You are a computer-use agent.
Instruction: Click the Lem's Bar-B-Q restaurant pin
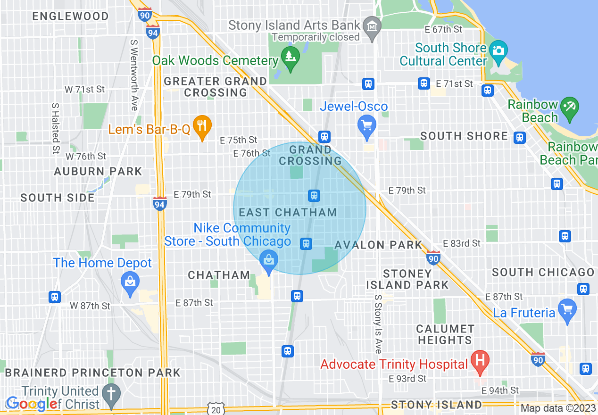[x=202, y=126]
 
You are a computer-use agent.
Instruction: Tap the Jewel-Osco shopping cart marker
[x=367, y=126]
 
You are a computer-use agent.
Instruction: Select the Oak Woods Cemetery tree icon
[x=290, y=57]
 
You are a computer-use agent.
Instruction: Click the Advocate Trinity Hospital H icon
[x=480, y=362]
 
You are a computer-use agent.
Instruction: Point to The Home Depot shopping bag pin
[x=130, y=282]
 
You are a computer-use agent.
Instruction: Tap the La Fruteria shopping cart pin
[x=567, y=309]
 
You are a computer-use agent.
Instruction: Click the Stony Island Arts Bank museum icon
[x=373, y=25]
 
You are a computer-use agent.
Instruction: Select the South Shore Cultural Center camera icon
[x=498, y=50]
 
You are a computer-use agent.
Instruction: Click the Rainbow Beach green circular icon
[x=570, y=106]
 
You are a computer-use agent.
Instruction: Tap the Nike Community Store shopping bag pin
[x=269, y=260]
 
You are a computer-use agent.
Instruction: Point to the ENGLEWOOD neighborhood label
[x=70, y=16]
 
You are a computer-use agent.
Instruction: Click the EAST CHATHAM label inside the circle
[x=288, y=212]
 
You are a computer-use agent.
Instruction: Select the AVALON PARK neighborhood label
[x=378, y=245]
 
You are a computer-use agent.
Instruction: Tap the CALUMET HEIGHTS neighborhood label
[x=445, y=334]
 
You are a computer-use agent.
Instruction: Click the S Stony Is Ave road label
[x=378, y=324]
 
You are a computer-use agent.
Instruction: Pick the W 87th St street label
[x=90, y=306]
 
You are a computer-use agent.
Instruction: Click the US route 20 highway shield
[x=216, y=409]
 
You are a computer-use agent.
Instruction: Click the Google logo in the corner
[x=31, y=404]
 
